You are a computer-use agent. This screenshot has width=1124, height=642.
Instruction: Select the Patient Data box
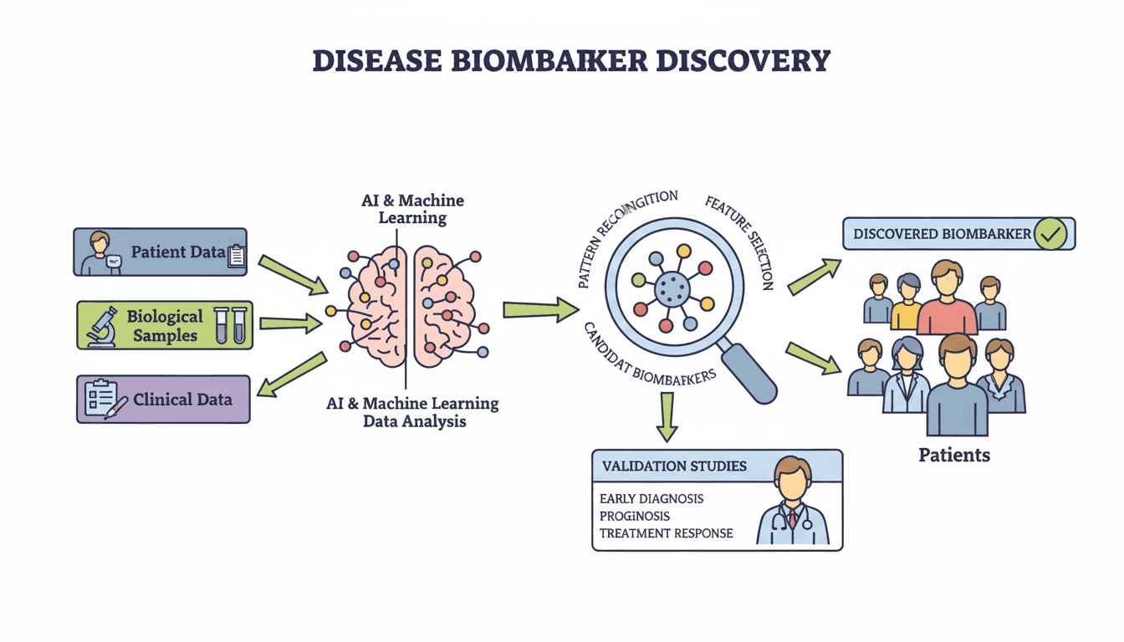click(160, 252)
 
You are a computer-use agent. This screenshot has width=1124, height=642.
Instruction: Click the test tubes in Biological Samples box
click(231, 324)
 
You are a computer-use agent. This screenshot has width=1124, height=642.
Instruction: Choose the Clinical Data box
click(163, 399)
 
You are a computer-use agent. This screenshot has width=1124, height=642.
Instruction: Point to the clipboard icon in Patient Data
click(236, 256)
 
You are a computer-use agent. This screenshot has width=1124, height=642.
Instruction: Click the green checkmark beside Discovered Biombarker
click(1050, 235)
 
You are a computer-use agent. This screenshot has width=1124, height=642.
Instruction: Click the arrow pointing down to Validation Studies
click(667, 415)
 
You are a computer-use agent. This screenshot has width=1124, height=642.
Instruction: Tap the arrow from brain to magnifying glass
click(539, 310)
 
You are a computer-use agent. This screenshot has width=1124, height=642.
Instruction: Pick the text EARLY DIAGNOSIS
click(651, 498)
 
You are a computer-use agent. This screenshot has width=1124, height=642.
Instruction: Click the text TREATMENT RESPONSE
click(666, 533)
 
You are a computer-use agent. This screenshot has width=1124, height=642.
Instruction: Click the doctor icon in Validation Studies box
click(792, 501)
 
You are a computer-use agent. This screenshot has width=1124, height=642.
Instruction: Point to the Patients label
click(953, 456)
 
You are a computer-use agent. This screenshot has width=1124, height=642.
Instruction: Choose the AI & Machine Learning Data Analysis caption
click(412, 412)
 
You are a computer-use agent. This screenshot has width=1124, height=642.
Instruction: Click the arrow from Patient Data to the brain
click(294, 275)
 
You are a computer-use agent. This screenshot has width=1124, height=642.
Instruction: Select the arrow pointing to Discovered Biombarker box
click(814, 277)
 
